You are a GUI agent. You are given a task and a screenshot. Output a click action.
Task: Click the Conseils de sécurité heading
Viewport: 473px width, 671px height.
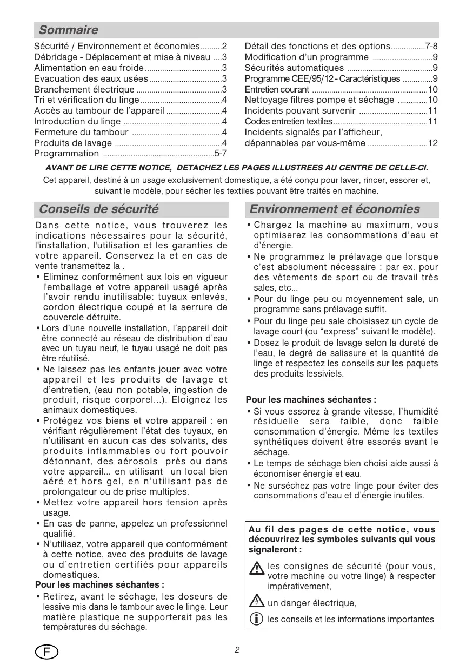(x=99, y=209)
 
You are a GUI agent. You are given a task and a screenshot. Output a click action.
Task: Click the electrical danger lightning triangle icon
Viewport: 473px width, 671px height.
(x=257, y=601)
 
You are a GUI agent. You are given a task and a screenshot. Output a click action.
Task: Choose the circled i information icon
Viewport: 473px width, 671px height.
(x=257, y=619)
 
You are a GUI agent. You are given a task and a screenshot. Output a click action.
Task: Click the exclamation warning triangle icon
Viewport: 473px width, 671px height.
(x=257, y=568)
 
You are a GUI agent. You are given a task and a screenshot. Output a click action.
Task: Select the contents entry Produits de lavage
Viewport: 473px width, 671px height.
(x=73, y=143)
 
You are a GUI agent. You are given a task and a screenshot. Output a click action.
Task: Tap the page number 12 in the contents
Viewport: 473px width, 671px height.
(x=432, y=143)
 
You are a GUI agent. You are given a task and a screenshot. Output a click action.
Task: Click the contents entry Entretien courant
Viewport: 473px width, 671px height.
(x=277, y=89)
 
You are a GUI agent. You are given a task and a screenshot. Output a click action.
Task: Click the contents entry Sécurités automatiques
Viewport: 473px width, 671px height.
(x=294, y=68)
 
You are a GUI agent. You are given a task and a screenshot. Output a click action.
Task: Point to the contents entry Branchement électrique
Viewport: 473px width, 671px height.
(x=84, y=89)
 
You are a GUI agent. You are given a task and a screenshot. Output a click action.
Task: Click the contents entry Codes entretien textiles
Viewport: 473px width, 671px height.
(x=289, y=122)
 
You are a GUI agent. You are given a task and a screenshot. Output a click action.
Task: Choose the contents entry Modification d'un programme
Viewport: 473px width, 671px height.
(x=307, y=57)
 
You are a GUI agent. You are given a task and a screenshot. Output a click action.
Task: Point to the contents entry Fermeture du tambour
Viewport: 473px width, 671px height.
(x=81, y=132)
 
